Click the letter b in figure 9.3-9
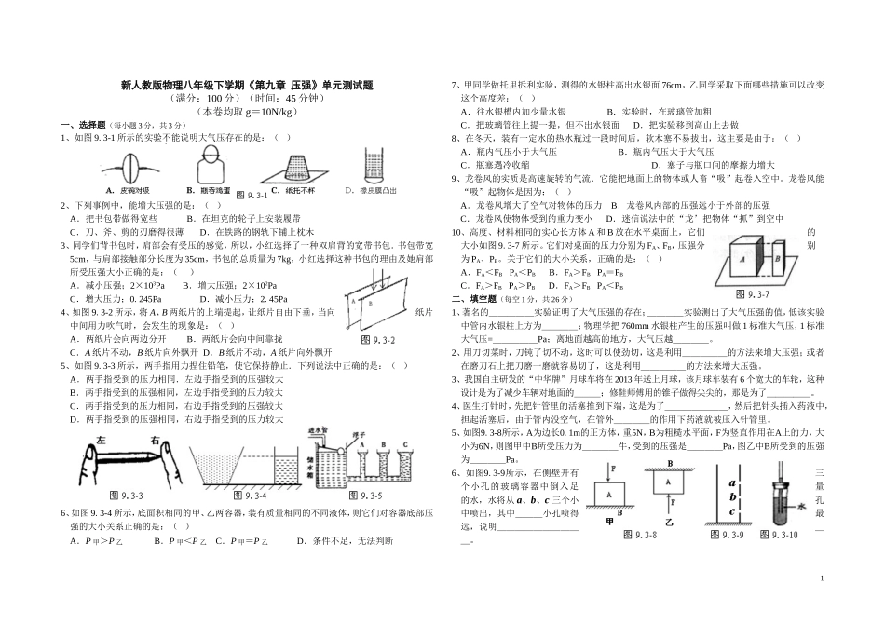click(x=734, y=496)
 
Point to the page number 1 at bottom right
click(x=824, y=579)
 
